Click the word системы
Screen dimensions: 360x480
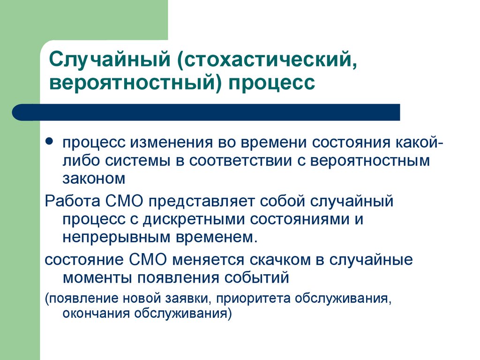(x=140, y=160)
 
